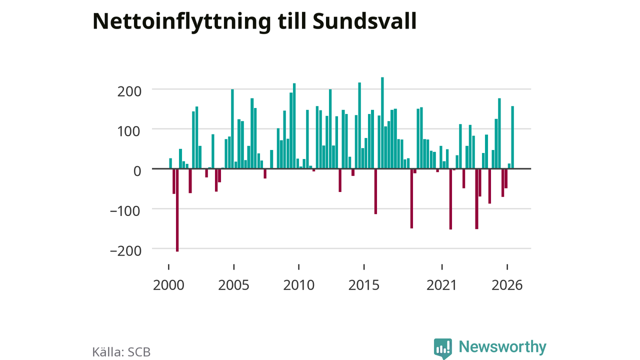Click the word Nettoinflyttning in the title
point(181,22)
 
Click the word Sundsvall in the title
point(364,21)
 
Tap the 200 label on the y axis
point(129,92)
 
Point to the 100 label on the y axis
point(129,131)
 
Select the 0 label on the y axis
point(137,171)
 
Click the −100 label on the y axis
point(125,211)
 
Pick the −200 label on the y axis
point(125,251)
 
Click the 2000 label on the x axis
point(168,285)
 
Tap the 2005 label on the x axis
point(233,285)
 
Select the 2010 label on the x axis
point(299,285)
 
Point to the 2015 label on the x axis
point(363,285)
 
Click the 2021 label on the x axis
point(441,285)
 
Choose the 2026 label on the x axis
point(507,285)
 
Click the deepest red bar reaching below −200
point(177,210)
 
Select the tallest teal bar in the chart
point(382,123)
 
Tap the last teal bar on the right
point(512,137)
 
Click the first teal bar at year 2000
point(170,163)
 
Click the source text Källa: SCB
point(121,351)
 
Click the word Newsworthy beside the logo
point(502,347)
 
